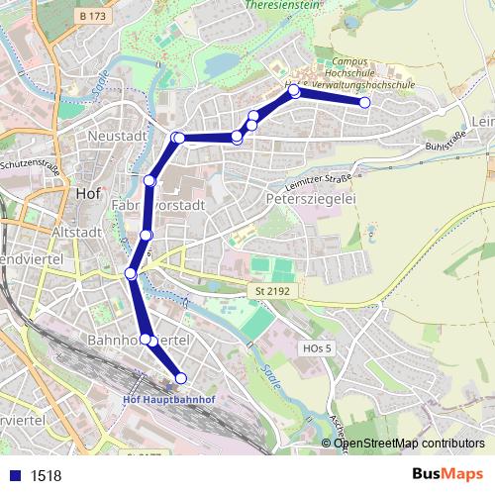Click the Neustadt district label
[117, 135]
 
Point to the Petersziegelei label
[311, 200]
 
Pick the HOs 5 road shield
[316, 348]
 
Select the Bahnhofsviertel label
[138, 340]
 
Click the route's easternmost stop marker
[364, 103]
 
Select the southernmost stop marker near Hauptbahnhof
[180, 377]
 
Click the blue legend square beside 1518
[14, 476]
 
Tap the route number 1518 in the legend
[46, 476]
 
